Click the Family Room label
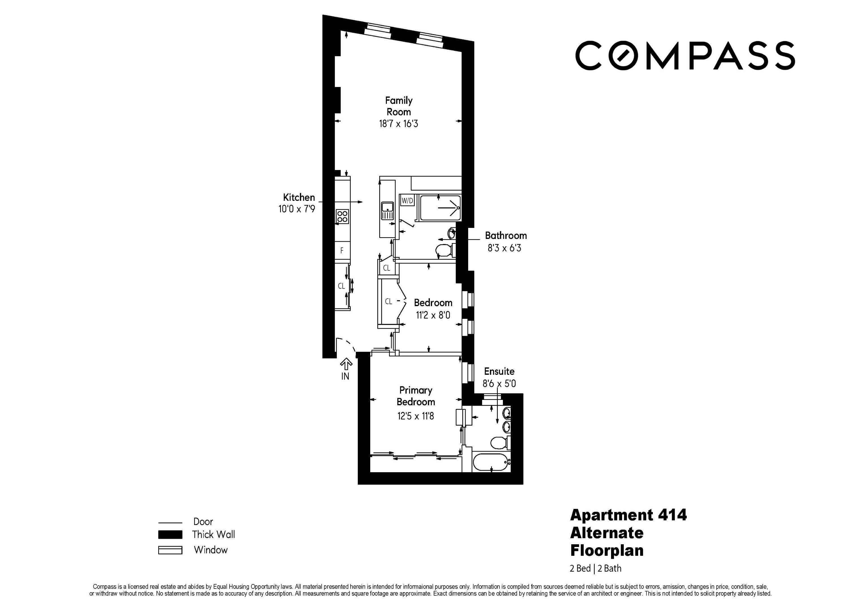click(x=398, y=106)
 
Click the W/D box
click(x=407, y=201)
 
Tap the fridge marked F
click(x=342, y=250)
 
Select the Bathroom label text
click(x=505, y=236)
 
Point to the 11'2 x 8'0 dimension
click(x=433, y=315)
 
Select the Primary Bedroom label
click(x=415, y=396)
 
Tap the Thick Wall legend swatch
click(x=170, y=534)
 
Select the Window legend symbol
click(x=170, y=550)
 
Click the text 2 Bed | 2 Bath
click(x=595, y=568)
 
